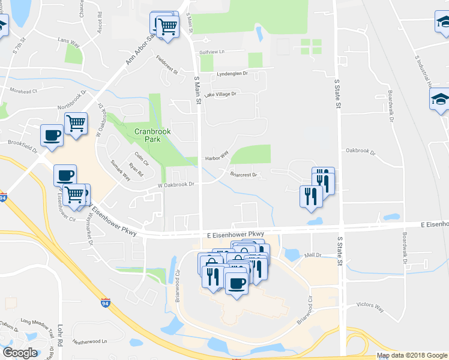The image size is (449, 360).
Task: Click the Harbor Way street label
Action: click(217, 155)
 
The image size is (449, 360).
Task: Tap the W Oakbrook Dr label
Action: click(176, 185)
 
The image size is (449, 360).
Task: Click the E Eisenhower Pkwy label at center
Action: click(235, 234)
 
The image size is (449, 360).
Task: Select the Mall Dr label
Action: click(313, 255)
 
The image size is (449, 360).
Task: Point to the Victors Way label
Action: click(370, 306)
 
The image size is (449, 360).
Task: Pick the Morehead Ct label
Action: click(23, 91)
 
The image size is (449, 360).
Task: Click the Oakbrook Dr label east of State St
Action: click(360, 152)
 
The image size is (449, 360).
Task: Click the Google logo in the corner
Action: click(20, 353)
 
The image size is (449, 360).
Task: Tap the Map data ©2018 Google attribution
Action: click(412, 355)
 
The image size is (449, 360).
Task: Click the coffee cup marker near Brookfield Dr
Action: click(52, 134)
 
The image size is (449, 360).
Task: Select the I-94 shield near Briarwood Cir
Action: click(106, 303)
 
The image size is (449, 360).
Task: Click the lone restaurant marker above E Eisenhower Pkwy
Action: click(310, 196)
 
